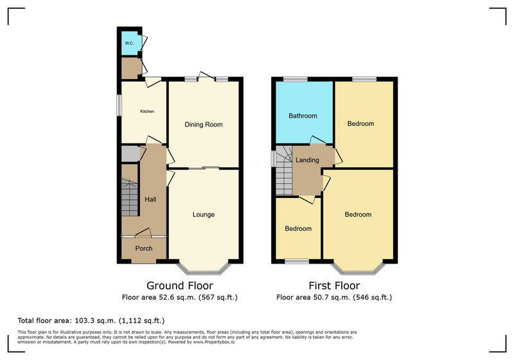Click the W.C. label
(128, 43)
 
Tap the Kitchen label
(147, 112)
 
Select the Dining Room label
(204, 125)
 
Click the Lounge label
(204, 215)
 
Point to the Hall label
(150, 200)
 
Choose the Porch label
(143, 249)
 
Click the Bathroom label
(303, 116)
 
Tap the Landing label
(307, 160)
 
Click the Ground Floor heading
(180, 285)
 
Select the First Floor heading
(334, 285)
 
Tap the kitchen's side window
(118, 106)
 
